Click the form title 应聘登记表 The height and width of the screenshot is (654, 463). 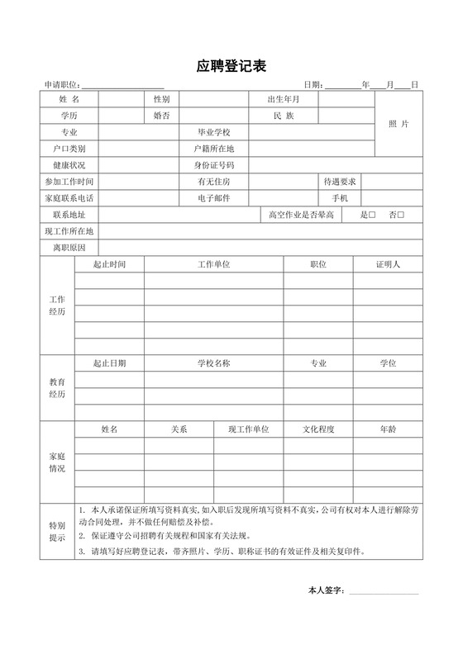click(231, 65)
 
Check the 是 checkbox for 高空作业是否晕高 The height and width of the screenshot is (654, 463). click(372, 216)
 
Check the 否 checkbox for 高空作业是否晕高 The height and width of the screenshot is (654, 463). click(401, 216)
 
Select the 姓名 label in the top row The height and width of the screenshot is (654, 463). click(69, 100)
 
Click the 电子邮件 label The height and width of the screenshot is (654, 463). click(214, 198)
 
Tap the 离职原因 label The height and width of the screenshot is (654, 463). click(69, 247)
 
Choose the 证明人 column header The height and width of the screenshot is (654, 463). click(388, 264)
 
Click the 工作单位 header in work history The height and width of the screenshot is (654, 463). click(213, 264)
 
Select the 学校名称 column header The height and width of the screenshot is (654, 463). click(213, 363)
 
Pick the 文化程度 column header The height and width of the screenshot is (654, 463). click(318, 429)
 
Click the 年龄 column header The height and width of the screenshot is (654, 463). click(388, 429)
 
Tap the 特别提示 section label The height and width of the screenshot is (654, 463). click(57, 531)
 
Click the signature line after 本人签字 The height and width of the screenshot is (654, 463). click(384, 591)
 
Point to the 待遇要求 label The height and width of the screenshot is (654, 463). click(340, 182)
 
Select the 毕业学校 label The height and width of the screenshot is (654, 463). click(214, 132)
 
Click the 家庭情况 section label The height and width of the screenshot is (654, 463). click(57, 462)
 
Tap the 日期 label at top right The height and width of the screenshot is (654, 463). click(313, 85)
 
